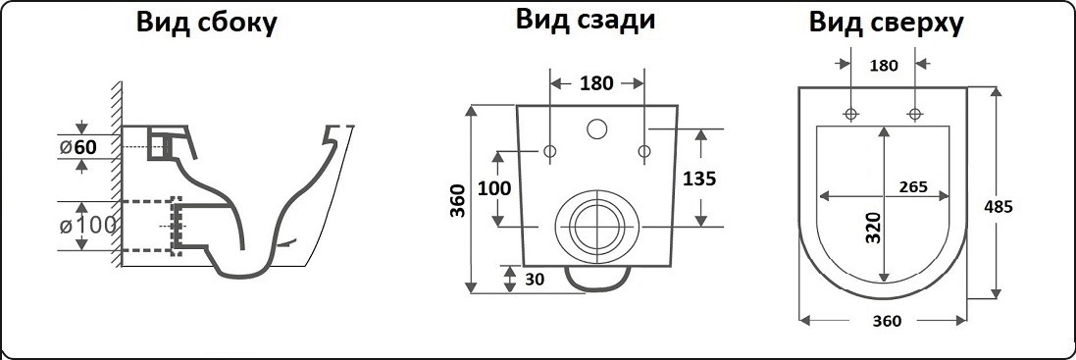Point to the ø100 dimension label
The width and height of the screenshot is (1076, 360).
pyautogui.click(x=87, y=224)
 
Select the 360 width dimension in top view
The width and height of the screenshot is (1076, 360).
pyautogui.click(x=886, y=321)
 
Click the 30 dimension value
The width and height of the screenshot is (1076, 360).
pyautogui.click(x=534, y=280)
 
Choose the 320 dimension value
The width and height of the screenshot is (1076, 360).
pyautogui.click(x=873, y=227)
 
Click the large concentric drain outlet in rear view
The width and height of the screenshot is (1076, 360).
pyautogui.click(x=596, y=226)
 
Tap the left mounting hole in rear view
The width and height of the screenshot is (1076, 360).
pyautogui.click(x=549, y=151)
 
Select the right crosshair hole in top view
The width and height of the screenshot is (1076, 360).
pyautogui.click(x=915, y=115)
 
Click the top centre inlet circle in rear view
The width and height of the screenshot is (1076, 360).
pyautogui.click(x=596, y=129)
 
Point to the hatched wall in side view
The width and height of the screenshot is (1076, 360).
pyautogui.click(x=114, y=177)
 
